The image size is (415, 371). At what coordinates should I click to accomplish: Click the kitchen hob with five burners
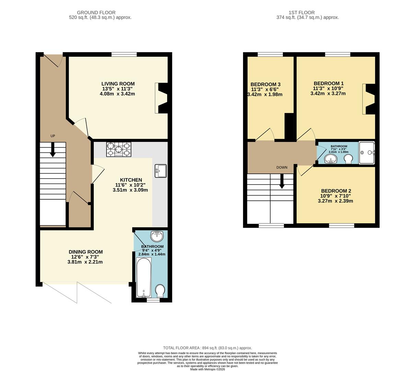[119, 150]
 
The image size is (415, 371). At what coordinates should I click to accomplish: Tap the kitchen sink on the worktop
[161, 171]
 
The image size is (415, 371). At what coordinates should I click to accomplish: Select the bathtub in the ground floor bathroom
[144, 277]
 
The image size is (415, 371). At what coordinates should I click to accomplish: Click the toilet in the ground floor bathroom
[160, 291]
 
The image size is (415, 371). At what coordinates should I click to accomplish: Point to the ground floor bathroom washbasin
[157, 236]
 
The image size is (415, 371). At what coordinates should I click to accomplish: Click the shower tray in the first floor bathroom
[367, 153]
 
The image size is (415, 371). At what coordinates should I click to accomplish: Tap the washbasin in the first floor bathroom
[331, 159]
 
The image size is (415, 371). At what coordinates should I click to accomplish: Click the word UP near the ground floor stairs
[53, 136]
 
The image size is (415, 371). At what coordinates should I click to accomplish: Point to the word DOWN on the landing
[282, 167]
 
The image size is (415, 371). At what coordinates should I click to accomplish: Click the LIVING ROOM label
[118, 84]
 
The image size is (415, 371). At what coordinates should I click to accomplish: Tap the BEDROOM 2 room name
[336, 191]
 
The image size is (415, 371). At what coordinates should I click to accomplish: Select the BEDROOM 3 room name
[265, 85]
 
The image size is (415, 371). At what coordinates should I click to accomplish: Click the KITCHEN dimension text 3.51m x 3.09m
[130, 190]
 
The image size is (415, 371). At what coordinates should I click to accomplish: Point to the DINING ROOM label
[85, 252]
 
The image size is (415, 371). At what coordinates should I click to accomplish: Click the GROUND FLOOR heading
[96, 12]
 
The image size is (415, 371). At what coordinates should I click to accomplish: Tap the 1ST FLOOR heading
[302, 12]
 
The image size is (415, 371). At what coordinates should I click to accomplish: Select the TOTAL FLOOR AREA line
[207, 348]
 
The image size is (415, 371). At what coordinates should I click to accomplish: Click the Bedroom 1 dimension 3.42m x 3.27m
[328, 93]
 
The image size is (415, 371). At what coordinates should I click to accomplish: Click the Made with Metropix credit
[207, 369]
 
